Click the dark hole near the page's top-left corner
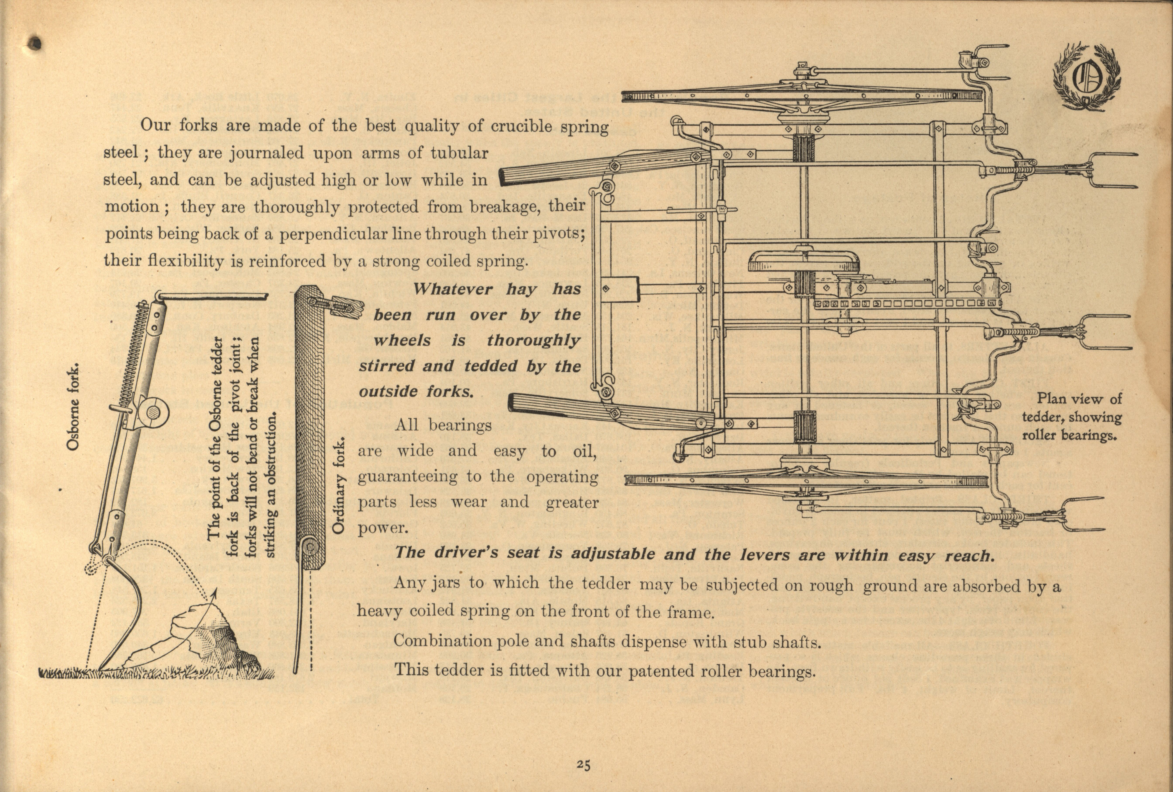pos(34,43)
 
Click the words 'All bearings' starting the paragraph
pos(443,425)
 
